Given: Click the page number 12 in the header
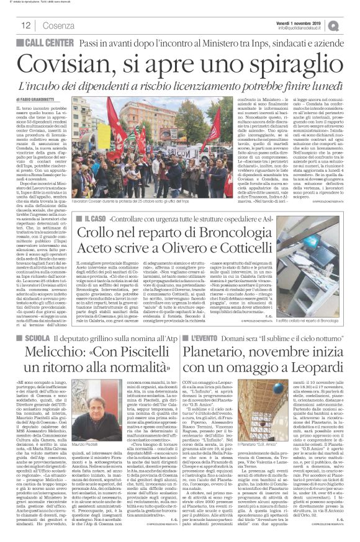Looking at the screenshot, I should [25, 25].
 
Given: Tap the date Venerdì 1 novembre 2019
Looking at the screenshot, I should [310, 21].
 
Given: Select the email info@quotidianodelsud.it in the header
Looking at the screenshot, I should [308, 28].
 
